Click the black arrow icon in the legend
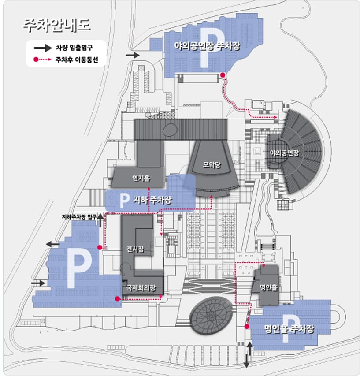point(42,47)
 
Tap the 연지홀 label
point(141,179)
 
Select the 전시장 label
point(135,249)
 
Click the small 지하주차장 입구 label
point(79,216)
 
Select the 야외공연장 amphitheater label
point(284,153)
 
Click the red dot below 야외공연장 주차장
point(223,75)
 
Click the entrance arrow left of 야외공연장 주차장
point(132,55)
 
